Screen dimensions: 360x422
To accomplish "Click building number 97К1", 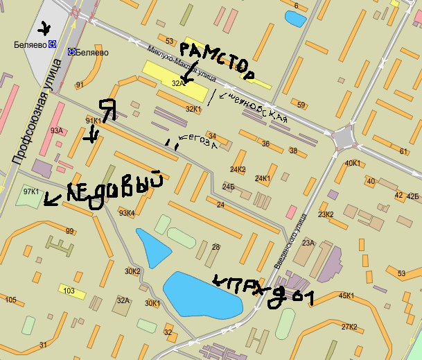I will coord(31,191).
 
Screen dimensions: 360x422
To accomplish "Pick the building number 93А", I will coord(57,130).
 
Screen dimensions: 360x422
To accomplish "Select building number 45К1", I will coord(346,296).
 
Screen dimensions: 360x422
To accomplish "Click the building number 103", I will coord(69,291).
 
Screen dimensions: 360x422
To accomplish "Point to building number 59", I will coord(301,105).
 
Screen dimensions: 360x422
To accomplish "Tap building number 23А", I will coord(308,243).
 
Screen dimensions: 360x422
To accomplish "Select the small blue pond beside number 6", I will coord(294,19).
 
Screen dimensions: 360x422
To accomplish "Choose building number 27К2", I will coord(349,327).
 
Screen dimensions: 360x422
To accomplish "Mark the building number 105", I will coord(10,300).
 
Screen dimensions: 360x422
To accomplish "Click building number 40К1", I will coord(353,164).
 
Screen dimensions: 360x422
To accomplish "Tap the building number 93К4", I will coord(126,213).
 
